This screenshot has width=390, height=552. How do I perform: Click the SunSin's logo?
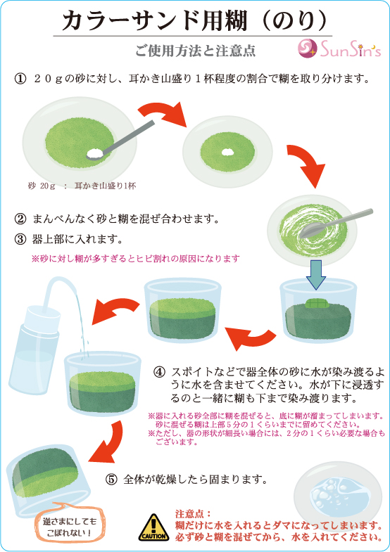coord(339,49)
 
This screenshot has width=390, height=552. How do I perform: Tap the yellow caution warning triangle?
coord(153,527)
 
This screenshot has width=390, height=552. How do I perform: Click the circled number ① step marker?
coord(20,78)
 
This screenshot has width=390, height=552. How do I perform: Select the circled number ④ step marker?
coord(159,372)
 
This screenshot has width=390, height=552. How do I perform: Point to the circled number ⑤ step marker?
coord(111,480)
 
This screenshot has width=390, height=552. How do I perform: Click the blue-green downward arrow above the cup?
coord(316,274)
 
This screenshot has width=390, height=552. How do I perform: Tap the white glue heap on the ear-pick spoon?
coord(94,153)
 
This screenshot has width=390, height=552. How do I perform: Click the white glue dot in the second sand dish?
coord(227,151)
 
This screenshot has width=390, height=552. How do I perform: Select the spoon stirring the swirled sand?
coord(334,222)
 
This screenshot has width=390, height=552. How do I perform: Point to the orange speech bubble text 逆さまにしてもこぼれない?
coord(69,526)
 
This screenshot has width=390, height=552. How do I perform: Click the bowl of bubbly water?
coord(337,494)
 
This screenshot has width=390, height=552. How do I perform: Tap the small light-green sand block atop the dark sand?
coord(316,303)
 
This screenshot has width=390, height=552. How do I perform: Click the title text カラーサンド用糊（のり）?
coord(194,20)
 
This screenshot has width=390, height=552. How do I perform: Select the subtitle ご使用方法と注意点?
coord(196,51)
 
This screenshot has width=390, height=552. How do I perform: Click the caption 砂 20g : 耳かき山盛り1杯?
coord(82,186)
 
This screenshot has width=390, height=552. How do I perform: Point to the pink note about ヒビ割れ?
coord(136,259)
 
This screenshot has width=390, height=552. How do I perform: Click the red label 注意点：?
coord(193,514)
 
